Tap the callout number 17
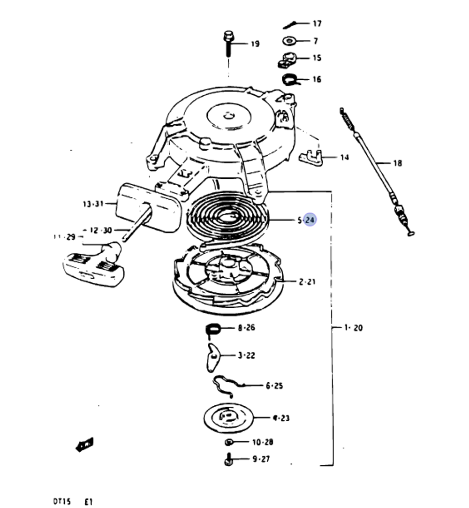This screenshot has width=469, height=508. tap(318, 23)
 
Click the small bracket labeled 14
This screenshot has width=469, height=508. tap(311, 157)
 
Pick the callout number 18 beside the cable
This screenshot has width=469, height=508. tap(397, 163)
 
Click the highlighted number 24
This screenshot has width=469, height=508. tap(310, 220)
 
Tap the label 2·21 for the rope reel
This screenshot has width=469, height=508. tap(308, 282)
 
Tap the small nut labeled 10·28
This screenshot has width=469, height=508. tap(229, 442)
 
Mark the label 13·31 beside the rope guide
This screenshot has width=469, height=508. tap(92, 204)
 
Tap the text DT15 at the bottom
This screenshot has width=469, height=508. tap(61, 501)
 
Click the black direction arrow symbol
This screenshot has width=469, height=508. tap(85, 444)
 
